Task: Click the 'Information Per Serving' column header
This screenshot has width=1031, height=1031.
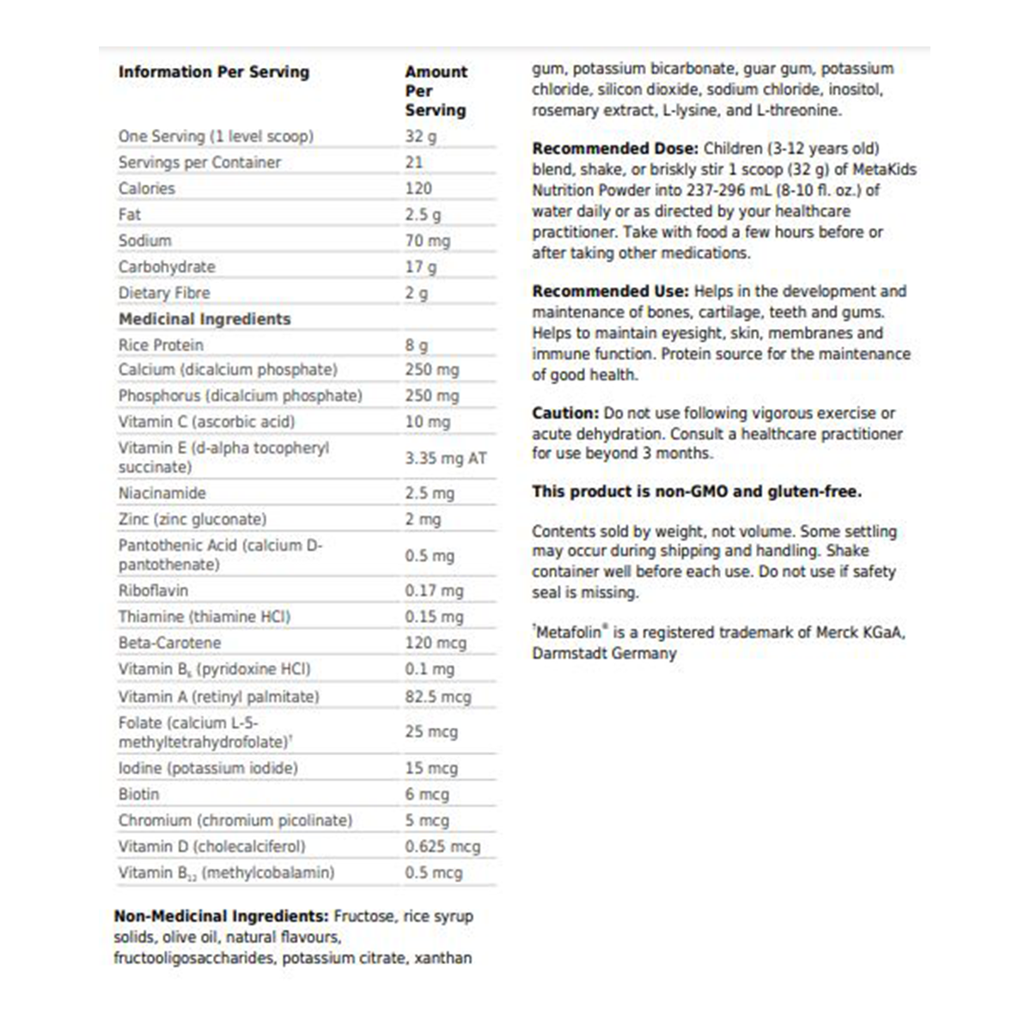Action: pos(214,72)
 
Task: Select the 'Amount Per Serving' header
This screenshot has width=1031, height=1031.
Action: pos(436,91)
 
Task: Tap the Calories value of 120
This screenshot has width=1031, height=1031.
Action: pos(418,188)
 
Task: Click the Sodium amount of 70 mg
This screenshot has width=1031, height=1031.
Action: pos(427,241)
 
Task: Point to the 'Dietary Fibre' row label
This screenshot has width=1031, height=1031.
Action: pos(164,293)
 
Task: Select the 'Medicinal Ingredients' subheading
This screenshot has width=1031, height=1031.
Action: pos(204,319)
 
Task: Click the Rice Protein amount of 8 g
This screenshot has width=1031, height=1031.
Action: pos(416,345)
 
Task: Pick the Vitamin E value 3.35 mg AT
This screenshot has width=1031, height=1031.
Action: pos(445,458)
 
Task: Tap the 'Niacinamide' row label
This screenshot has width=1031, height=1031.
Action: pos(162,493)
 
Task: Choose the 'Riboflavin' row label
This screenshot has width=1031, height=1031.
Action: pos(153,590)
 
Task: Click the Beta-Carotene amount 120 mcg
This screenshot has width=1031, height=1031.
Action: pos(436,643)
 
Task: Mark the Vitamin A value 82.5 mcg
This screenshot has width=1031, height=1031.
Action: pos(438,697)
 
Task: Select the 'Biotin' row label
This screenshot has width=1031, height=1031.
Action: pos(139,794)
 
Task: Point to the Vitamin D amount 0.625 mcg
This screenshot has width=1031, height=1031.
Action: pos(442,846)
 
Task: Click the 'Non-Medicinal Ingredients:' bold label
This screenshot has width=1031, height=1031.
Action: pos(221,916)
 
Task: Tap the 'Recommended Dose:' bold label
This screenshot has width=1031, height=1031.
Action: pos(614,149)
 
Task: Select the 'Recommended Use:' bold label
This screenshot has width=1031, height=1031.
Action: pos(610,291)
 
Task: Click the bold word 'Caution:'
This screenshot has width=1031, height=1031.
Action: pos(564,413)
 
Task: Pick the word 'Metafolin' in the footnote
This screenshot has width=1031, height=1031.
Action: pos(569,632)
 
